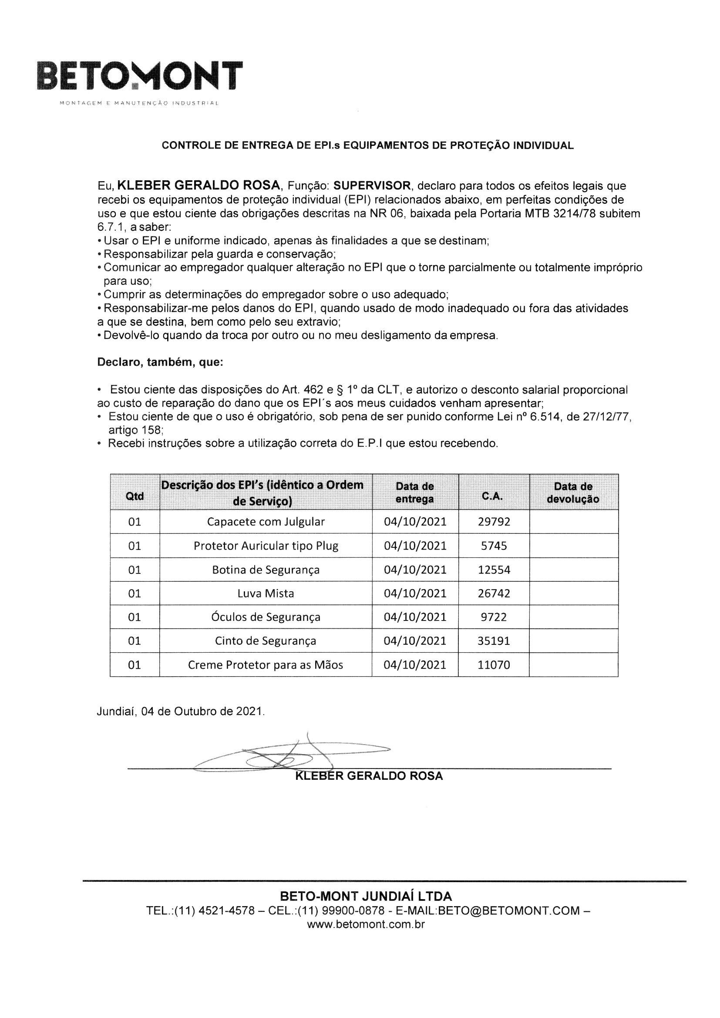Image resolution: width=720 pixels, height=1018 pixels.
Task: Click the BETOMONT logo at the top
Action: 140,76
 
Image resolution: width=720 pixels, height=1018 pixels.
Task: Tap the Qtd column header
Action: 135,496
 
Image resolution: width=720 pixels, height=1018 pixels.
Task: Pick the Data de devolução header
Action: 573,492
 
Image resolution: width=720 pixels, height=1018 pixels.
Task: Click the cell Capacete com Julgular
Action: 266,522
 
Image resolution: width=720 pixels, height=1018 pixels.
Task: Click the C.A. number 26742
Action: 494,593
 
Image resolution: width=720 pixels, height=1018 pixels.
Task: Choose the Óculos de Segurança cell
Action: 266,617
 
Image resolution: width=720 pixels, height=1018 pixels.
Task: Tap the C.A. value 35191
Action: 494,640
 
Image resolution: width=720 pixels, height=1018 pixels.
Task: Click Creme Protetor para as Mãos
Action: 266,664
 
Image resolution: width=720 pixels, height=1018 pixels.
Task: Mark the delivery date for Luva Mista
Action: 415,593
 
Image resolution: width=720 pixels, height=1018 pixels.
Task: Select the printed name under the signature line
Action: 368,776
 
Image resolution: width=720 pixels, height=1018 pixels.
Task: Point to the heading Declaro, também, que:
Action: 160,362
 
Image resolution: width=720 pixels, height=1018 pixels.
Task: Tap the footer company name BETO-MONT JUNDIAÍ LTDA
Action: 366,896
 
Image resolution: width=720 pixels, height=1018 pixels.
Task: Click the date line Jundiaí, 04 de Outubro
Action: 181,711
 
